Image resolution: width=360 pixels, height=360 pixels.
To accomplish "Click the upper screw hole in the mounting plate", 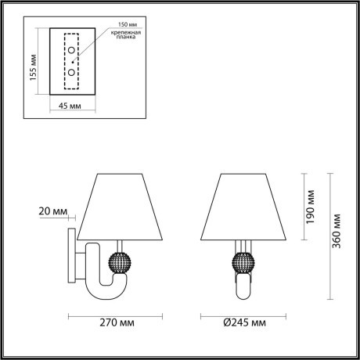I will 72,52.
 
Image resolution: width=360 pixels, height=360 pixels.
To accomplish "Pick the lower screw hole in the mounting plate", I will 72,72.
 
